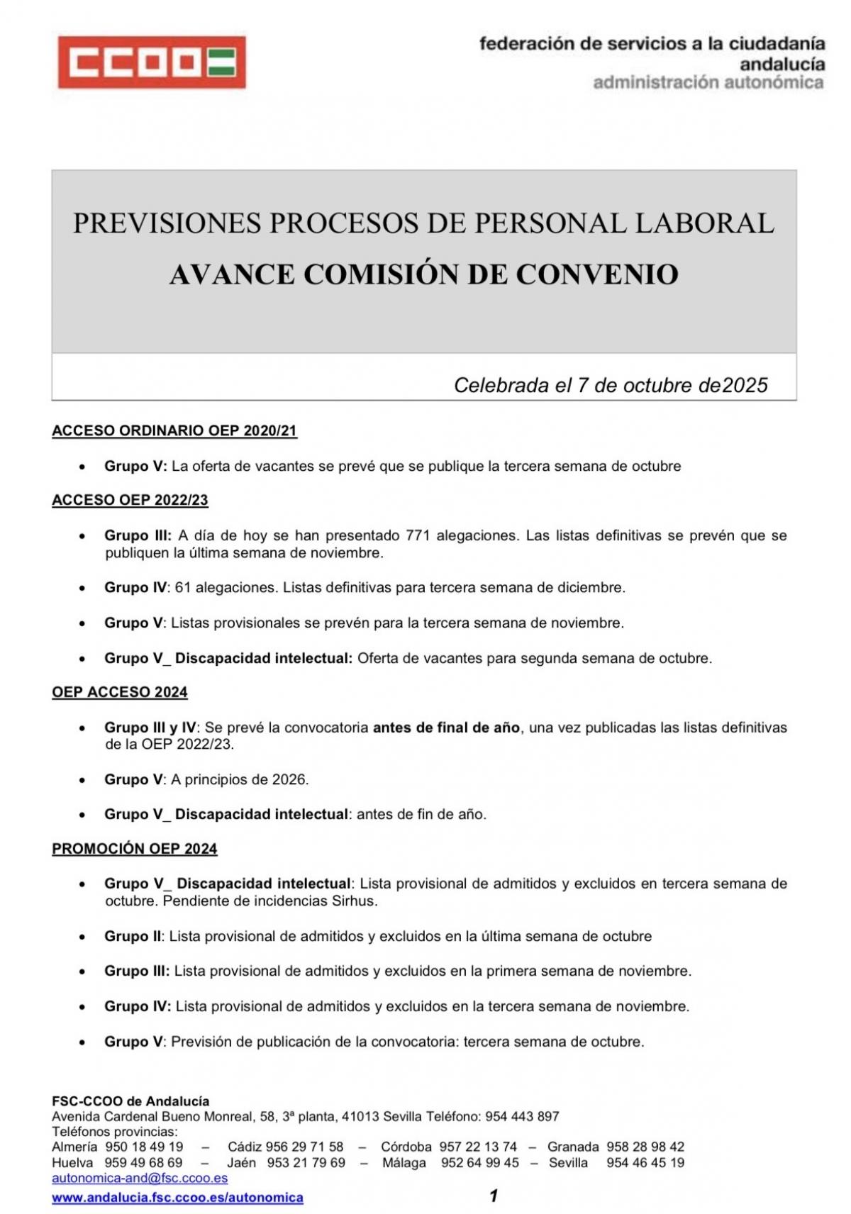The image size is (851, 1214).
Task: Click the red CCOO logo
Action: (152, 62)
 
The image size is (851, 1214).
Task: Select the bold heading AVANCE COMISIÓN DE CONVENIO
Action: (424, 274)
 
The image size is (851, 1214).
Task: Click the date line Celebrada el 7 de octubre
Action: (610, 385)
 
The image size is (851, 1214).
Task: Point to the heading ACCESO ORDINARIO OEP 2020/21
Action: (174, 431)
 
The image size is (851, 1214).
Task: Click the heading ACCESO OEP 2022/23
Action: (130, 500)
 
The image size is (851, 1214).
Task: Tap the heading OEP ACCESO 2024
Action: (120, 692)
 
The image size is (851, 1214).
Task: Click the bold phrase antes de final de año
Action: (446, 728)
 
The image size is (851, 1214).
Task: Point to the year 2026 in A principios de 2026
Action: (289, 779)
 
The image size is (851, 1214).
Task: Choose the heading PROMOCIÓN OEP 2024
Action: (135, 849)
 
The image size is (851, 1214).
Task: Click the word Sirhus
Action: (355, 901)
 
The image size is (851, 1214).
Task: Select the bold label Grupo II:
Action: (134, 937)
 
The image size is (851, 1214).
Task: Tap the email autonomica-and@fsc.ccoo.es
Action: (140, 1178)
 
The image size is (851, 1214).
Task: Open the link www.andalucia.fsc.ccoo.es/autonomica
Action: (177, 1198)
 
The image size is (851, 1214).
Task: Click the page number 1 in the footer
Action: (494, 1196)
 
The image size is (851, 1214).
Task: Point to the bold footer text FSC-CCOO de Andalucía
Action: (130, 1101)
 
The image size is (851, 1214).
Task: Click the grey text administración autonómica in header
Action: (708, 83)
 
